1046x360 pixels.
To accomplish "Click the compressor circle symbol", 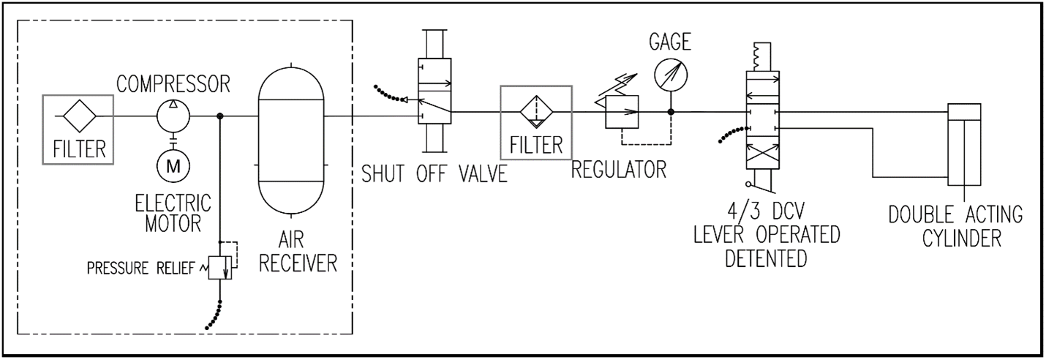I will (173, 116).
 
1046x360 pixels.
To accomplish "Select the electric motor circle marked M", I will (173, 166).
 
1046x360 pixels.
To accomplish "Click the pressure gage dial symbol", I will (670, 72).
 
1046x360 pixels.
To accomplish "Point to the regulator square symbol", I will (622, 113).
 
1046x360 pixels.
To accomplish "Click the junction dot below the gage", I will (670, 113).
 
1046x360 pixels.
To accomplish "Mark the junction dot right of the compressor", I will (220, 116).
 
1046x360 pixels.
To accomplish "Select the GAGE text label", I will (669, 42).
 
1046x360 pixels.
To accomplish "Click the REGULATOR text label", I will (619, 169).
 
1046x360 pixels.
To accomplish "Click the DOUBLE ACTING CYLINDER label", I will (955, 227).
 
